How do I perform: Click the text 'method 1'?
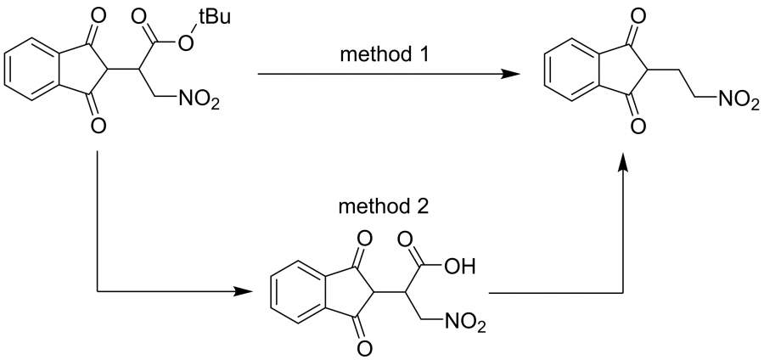coord(385,54)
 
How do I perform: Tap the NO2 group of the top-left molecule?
coord(199,101)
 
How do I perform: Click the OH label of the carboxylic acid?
coord(460,267)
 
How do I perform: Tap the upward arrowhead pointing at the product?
coord(623,161)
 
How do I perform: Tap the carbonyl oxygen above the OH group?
coord(406,240)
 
